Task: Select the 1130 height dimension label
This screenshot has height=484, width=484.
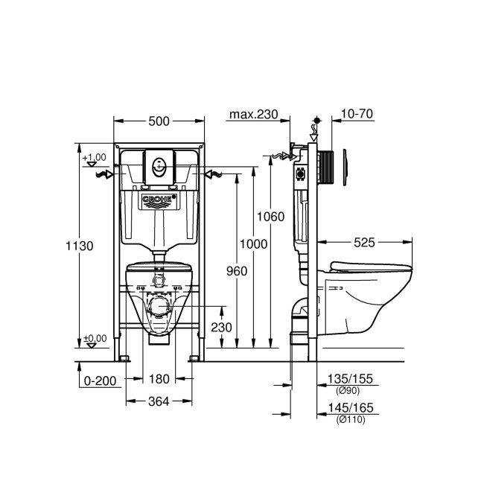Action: coord(80,246)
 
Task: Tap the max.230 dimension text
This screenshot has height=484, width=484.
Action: coord(253,114)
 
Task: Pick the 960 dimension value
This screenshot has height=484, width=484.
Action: coord(236,271)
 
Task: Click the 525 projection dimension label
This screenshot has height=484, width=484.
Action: coord(364,242)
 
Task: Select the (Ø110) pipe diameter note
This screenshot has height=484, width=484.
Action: coord(350,419)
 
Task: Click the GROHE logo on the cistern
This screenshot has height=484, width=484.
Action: coord(158,200)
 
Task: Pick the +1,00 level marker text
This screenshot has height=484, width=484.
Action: coord(95,157)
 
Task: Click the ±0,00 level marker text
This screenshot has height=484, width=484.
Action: coord(95,337)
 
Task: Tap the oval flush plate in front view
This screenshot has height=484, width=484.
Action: coord(159,166)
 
